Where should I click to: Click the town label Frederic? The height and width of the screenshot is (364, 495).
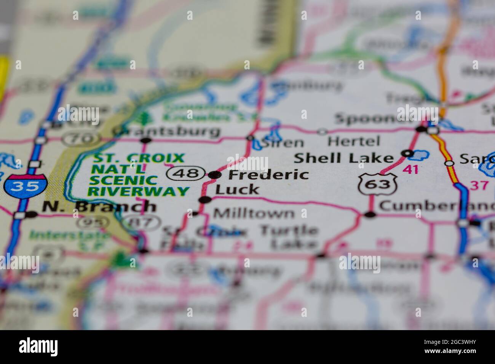pyautogui.click(x=268, y=175)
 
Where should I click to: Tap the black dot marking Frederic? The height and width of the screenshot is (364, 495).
pyautogui.click(x=215, y=175)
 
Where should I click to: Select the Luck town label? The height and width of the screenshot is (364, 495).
pyautogui.click(x=237, y=189)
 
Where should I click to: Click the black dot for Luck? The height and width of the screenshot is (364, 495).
pyautogui.click(x=205, y=200)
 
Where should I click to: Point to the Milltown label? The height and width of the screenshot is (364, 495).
pyautogui.click(x=254, y=213)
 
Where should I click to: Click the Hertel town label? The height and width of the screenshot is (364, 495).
pyautogui.click(x=354, y=141)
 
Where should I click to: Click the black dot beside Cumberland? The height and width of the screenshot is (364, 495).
pyautogui.click(x=370, y=215)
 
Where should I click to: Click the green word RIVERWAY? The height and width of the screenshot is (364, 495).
pyautogui.click(x=139, y=191)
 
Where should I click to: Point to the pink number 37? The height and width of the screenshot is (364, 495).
pyautogui.click(x=478, y=185)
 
